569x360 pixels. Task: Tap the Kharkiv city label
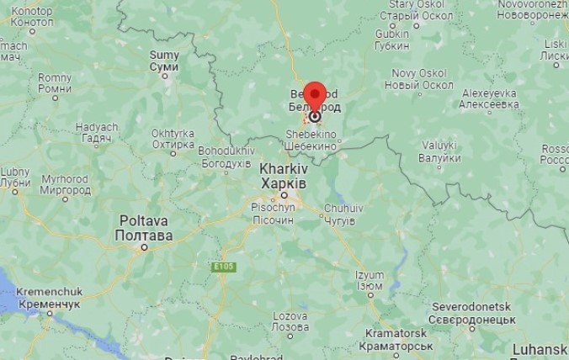coord(283,174)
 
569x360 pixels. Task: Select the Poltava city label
coord(144,228)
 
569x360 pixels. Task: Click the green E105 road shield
coord(223,267)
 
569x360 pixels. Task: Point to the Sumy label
coord(164,61)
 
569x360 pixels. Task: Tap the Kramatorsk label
coord(395,340)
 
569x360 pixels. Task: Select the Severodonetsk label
coord(473,313)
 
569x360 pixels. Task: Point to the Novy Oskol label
coord(419,78)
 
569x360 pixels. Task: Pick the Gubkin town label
coord(391,39)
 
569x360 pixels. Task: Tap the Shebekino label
coord(311,140)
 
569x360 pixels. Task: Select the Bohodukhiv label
coord(226,156)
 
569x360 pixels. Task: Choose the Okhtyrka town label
coord(173,138)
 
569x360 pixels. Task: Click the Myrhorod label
coord(65,184)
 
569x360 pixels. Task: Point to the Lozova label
coord(290,320)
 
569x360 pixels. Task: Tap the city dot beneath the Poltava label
coord(144,247)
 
